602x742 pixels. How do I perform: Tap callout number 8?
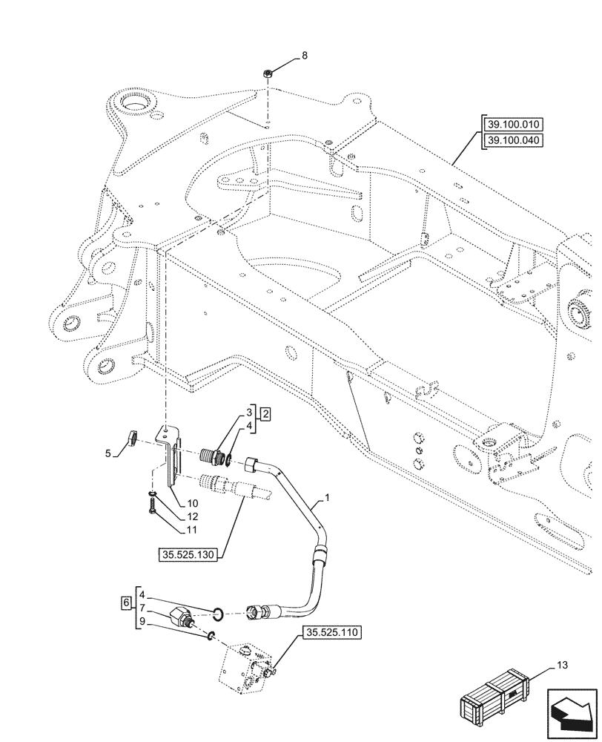[303, 56]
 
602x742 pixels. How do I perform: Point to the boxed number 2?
[265, 413]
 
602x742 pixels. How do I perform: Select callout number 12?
[191, 516]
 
